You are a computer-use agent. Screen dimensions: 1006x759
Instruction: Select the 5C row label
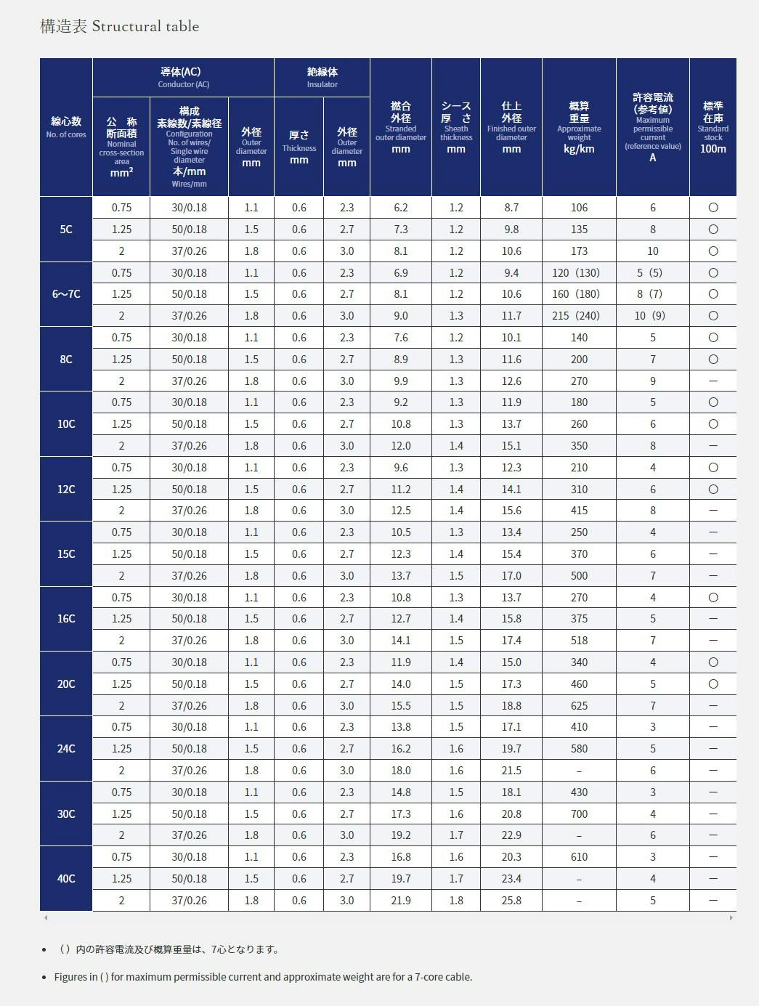point(66,230)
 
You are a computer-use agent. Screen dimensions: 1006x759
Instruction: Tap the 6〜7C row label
point(66,294)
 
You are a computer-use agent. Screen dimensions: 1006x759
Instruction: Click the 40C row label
point(66,879)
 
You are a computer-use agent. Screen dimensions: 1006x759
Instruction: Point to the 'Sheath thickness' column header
point(456,127)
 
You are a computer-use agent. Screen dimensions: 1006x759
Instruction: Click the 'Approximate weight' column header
point(579,127)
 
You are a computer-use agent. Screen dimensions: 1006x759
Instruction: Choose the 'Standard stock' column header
point(713,127)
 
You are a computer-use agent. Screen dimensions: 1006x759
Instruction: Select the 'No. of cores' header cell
point(66,127)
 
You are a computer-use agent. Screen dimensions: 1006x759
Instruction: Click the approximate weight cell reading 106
point(579,208)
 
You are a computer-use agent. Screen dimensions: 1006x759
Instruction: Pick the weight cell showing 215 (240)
point(579,316)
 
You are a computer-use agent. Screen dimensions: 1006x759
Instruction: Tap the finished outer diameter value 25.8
point(511,901)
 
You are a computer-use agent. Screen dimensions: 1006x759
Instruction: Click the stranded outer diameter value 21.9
point(401,901)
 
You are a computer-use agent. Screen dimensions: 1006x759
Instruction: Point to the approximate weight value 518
point(579,641)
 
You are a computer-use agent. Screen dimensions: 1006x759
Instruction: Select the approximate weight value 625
point(579,706)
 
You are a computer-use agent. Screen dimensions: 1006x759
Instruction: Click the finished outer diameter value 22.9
point(511,835)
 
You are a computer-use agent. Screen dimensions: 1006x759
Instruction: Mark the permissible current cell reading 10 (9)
point(652,316)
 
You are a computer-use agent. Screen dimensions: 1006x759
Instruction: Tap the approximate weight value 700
point(579,814)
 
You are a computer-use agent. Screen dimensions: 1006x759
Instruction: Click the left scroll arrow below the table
point(46,918)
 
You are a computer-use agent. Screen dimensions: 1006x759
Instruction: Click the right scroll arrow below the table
point(731,918)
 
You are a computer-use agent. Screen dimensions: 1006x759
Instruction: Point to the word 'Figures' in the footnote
point(71,977)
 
